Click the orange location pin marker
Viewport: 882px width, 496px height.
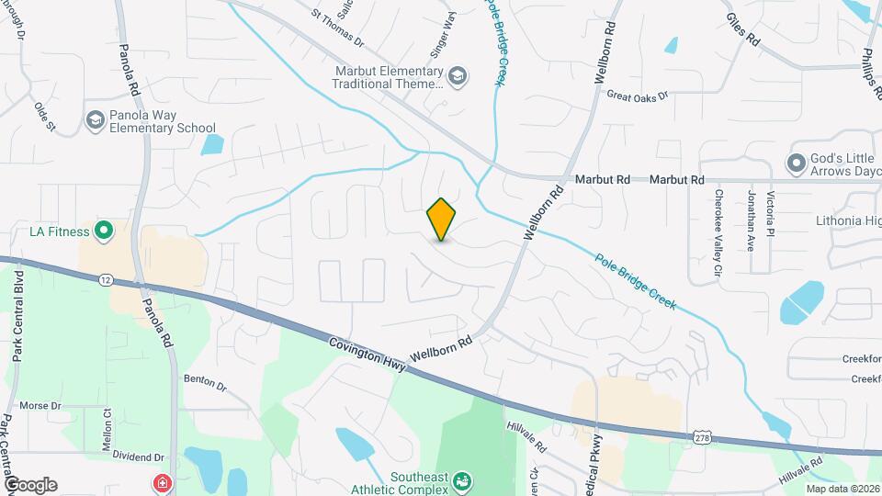pos(441,219)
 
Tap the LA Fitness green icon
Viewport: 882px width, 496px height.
pos(104,231)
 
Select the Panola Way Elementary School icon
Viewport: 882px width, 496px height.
pos(94,120)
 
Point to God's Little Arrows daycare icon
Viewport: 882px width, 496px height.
pos(796,164)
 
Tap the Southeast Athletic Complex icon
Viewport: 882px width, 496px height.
pos(463,481)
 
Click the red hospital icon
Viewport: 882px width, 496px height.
pos(162,482)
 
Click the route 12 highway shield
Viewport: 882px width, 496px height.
pos(107,278)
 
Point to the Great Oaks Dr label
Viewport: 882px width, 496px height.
pos(636,95)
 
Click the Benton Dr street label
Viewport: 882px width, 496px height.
pos(205,380)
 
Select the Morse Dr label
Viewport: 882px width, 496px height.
pos(40,405)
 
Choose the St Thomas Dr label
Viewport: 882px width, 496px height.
pos(337,28)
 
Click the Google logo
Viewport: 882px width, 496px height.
pos(30,484)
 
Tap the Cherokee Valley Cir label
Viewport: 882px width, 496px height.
pos(718,234)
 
